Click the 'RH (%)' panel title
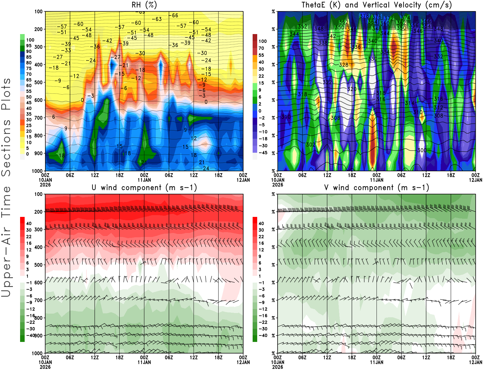[144, 5]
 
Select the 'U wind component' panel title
[144, 187]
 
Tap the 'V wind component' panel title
[377, 187]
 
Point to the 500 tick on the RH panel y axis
[39, 82]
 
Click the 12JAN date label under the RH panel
[243, 180]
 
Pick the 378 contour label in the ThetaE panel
[364, 16]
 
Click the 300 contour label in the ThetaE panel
[422, 150]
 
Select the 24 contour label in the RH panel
[206, 168]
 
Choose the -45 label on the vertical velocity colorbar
[263, 153]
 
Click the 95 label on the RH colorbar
[29, 46]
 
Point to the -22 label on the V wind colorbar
[263, 322]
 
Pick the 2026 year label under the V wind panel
[278, 367]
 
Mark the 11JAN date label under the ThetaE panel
[377, 180]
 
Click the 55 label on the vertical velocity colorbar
[261, 55]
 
